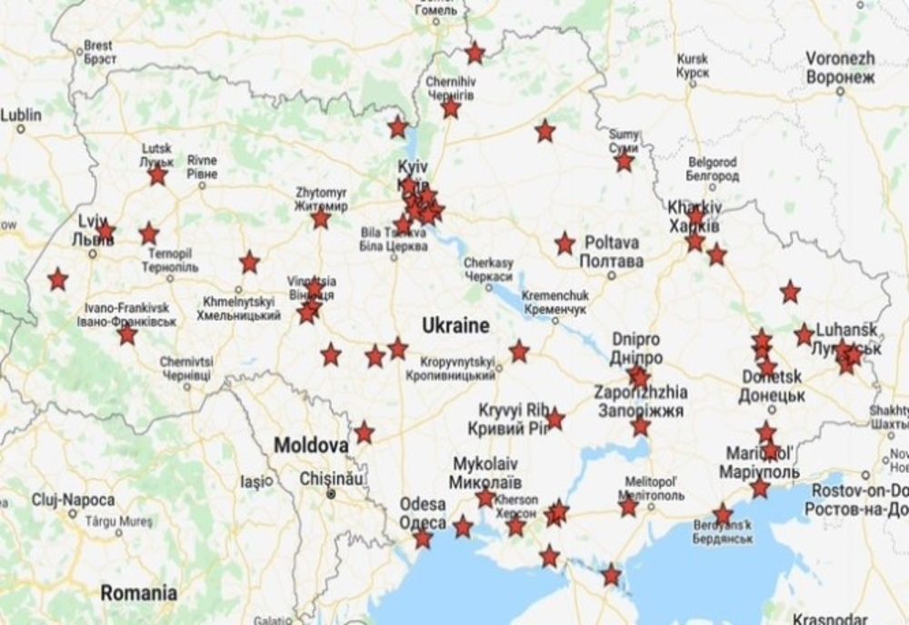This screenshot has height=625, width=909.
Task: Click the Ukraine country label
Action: point(455,325)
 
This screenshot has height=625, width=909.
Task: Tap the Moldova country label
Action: point(312,447)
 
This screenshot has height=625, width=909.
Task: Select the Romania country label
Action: point(139,593)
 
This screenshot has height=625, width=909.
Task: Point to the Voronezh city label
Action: point(840,67)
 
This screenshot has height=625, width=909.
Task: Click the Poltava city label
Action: point(613,252)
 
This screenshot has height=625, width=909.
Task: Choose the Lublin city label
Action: point(21,115)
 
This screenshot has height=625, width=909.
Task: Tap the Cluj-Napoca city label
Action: point(73,501)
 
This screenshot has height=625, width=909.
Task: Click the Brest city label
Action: point(98,51)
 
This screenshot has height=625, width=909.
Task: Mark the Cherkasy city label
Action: point(488,269)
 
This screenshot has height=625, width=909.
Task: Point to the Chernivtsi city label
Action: point(186,368)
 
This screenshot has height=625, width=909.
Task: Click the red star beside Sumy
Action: point(624,162)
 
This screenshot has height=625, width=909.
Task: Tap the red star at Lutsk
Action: point(158,174)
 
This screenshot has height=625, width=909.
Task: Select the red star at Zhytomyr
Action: point(320,218)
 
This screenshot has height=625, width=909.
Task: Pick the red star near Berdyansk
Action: point(723,515)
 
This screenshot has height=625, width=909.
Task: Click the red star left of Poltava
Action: point(564,243)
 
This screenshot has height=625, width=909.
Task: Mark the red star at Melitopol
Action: point(629,506)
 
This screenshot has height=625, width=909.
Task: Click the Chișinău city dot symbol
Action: point(331,494)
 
